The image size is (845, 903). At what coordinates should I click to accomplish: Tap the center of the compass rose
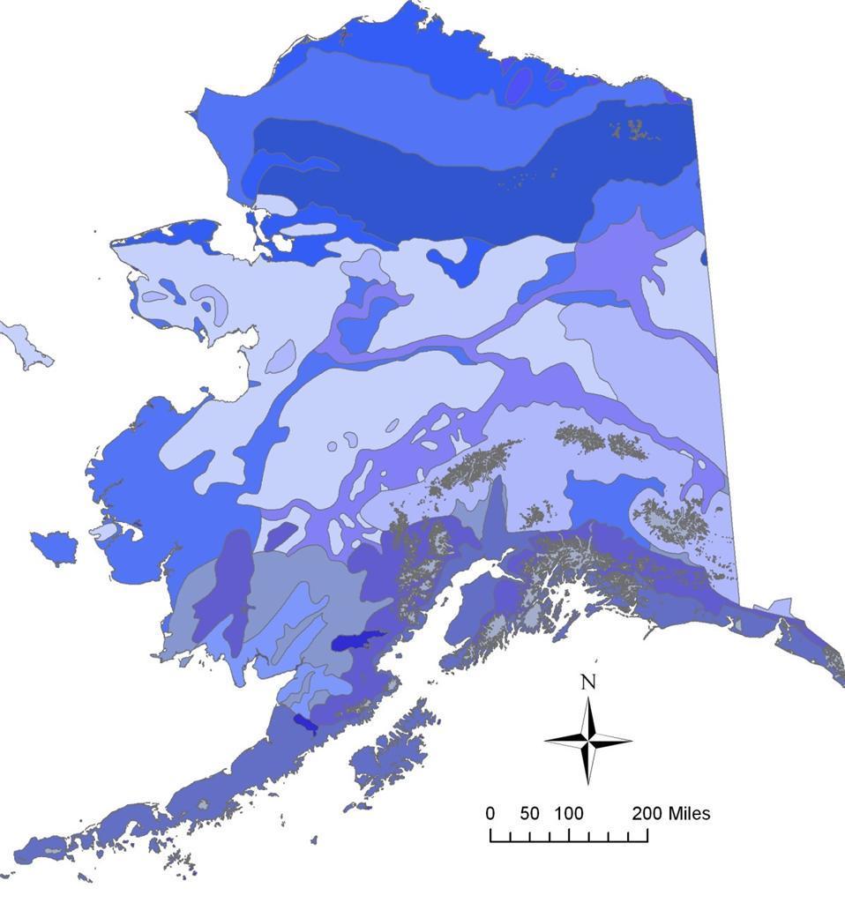[x=587, y=740]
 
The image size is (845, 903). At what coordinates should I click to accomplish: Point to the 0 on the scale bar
[x=490, y=813]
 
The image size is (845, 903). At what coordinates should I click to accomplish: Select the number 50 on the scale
[x=528, y=813]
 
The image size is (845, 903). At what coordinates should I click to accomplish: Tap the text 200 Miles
[x=670, y=813]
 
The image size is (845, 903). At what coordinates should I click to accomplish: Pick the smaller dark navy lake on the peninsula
[x=306, y=724]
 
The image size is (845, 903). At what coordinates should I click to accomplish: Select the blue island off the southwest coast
[x=53, y=548]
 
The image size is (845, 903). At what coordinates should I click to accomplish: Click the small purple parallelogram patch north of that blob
[x=280, y=536]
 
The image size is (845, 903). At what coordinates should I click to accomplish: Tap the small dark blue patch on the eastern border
[x=704, y=257]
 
